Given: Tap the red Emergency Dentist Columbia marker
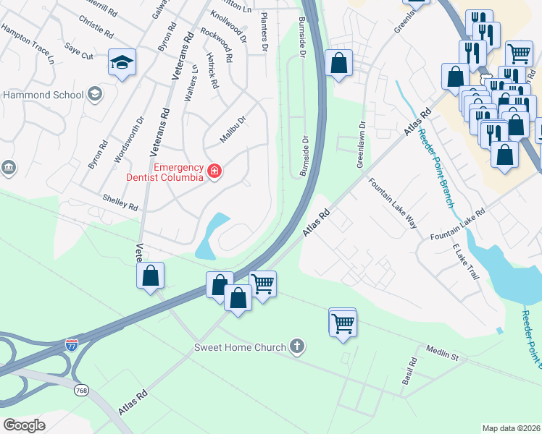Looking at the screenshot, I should click(214, 171).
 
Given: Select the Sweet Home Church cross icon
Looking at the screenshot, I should click(296, 347).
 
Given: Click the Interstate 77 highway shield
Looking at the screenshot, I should click(71, 345).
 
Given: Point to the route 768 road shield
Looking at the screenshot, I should click(82, 390).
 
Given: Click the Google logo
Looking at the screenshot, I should click(24, 425).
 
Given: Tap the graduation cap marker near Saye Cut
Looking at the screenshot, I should click(122, 62).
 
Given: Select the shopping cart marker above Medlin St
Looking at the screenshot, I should click(342, 323).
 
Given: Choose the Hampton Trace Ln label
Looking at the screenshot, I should click(28, 43).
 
